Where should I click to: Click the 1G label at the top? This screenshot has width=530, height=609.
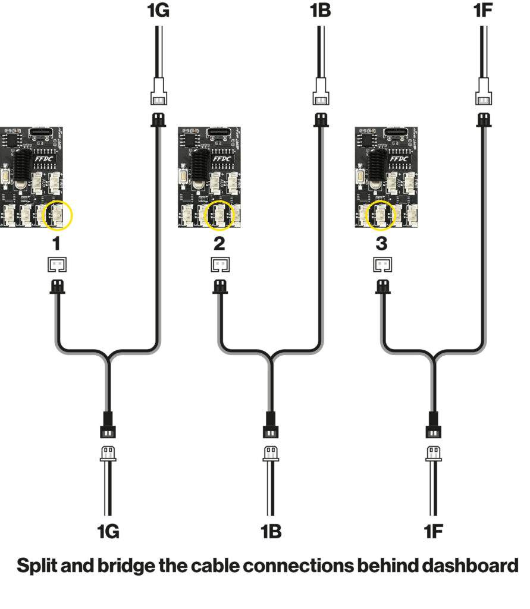click(157, 11)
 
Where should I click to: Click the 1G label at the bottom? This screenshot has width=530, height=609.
click(108, 531)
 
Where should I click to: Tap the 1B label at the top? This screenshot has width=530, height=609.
click(320, 11)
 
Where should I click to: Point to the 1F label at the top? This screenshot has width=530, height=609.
click(484, 11)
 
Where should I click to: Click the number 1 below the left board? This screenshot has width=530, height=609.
click(56, 243)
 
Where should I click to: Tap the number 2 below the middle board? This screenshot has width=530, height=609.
click(219, 243)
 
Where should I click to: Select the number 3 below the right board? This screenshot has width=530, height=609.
click(382, 243)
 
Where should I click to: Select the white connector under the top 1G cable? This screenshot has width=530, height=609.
click(158, 96)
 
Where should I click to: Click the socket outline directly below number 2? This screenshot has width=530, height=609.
click(219, 264)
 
